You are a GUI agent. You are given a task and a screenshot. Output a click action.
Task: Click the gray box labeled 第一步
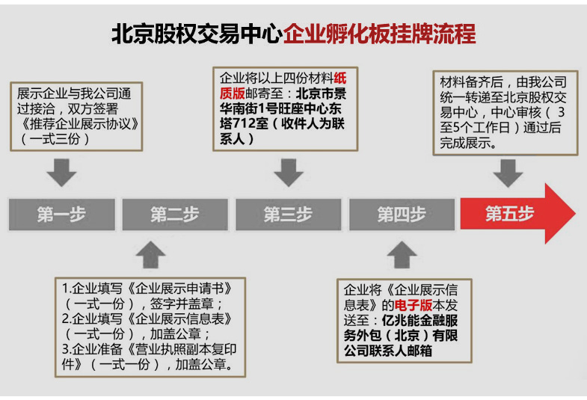(62, 215)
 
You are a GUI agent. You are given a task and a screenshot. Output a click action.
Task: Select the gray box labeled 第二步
(175, 215)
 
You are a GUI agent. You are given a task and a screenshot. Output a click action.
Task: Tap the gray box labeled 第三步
(288, 215)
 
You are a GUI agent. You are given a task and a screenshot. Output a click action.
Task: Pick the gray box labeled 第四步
(402, 215)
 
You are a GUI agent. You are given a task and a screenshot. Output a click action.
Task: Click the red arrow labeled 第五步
(517, 214)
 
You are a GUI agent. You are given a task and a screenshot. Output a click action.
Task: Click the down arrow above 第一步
(62, 173)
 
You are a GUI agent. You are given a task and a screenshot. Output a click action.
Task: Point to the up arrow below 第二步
(151, 254)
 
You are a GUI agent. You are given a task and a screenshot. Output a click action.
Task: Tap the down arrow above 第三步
(289, 173)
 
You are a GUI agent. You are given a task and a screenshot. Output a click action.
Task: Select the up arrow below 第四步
(402, 254)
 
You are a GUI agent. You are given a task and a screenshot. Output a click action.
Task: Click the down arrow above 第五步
(508, 173)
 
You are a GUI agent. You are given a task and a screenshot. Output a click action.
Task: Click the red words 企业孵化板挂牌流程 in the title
(380, 34)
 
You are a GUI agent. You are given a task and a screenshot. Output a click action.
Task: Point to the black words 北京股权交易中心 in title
(197, 34)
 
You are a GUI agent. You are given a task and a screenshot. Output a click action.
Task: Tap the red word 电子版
(414, 305)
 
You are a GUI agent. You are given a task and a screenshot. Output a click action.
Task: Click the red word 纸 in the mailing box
(340, 79)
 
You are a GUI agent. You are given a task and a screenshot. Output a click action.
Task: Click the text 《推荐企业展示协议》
(78, 124)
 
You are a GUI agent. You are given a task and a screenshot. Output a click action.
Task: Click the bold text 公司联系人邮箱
(388, 351)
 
